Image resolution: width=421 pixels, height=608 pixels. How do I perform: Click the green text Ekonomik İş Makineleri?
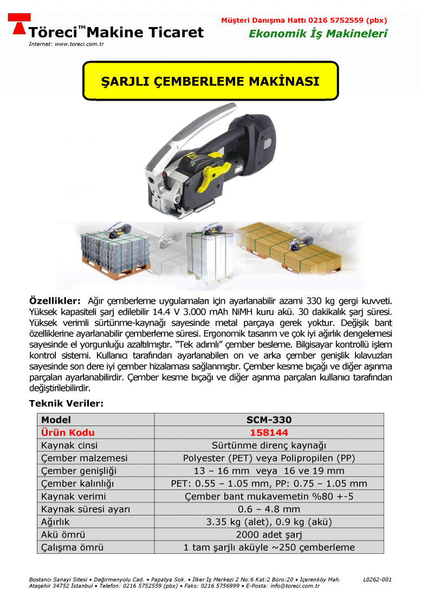[x=318, y=34]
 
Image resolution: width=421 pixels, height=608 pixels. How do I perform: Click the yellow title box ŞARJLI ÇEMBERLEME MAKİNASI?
[x=210, y=81]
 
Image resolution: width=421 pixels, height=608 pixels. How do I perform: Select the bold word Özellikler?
[x=54, y=300]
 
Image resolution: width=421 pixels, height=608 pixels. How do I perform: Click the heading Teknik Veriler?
[x=66, y=403]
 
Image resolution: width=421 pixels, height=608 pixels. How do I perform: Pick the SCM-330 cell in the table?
[x=269, y=420]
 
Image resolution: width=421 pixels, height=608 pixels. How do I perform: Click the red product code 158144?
[x=269, y=433]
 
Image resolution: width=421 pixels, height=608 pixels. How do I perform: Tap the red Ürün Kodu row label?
[x=68, y=433]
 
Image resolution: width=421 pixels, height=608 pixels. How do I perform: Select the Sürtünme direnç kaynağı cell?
[x=269, y=445]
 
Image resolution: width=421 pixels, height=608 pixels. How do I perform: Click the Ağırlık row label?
[x=57, y=522]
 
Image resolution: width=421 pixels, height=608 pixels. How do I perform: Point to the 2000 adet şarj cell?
[x=269, y=535]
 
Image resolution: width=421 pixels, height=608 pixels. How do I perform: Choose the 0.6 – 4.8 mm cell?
[x=269, y=509]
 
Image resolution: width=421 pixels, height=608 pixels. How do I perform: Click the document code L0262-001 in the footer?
[x=377, y=579]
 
